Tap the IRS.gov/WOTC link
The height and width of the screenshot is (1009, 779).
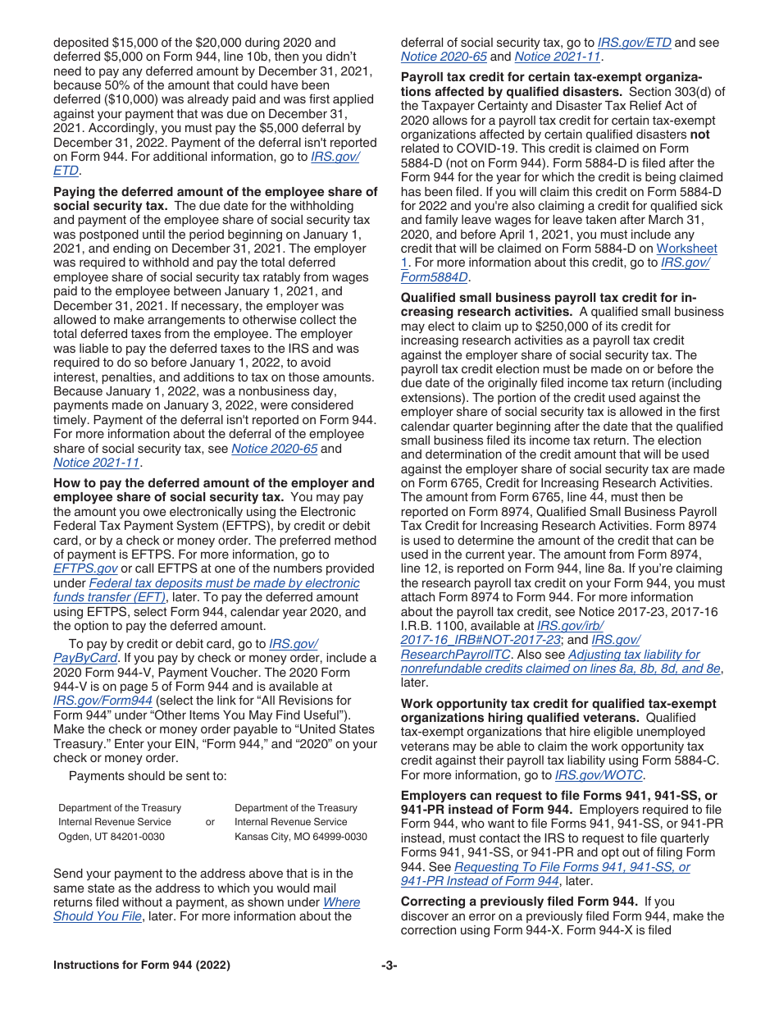599,775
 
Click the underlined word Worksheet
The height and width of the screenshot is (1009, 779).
686,249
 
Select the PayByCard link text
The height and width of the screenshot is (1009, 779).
85,658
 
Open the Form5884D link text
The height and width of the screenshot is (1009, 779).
434,277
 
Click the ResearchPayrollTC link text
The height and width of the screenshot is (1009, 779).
454,655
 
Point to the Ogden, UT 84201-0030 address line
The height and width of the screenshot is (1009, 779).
112,837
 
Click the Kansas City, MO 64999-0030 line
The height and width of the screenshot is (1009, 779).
301,837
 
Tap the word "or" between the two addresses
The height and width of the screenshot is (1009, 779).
210,822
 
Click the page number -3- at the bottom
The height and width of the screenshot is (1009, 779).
389,965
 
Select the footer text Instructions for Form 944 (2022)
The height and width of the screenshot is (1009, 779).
141,965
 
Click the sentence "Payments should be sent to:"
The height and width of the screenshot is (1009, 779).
148,776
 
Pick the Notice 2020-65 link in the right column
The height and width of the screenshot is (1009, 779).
444,57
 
